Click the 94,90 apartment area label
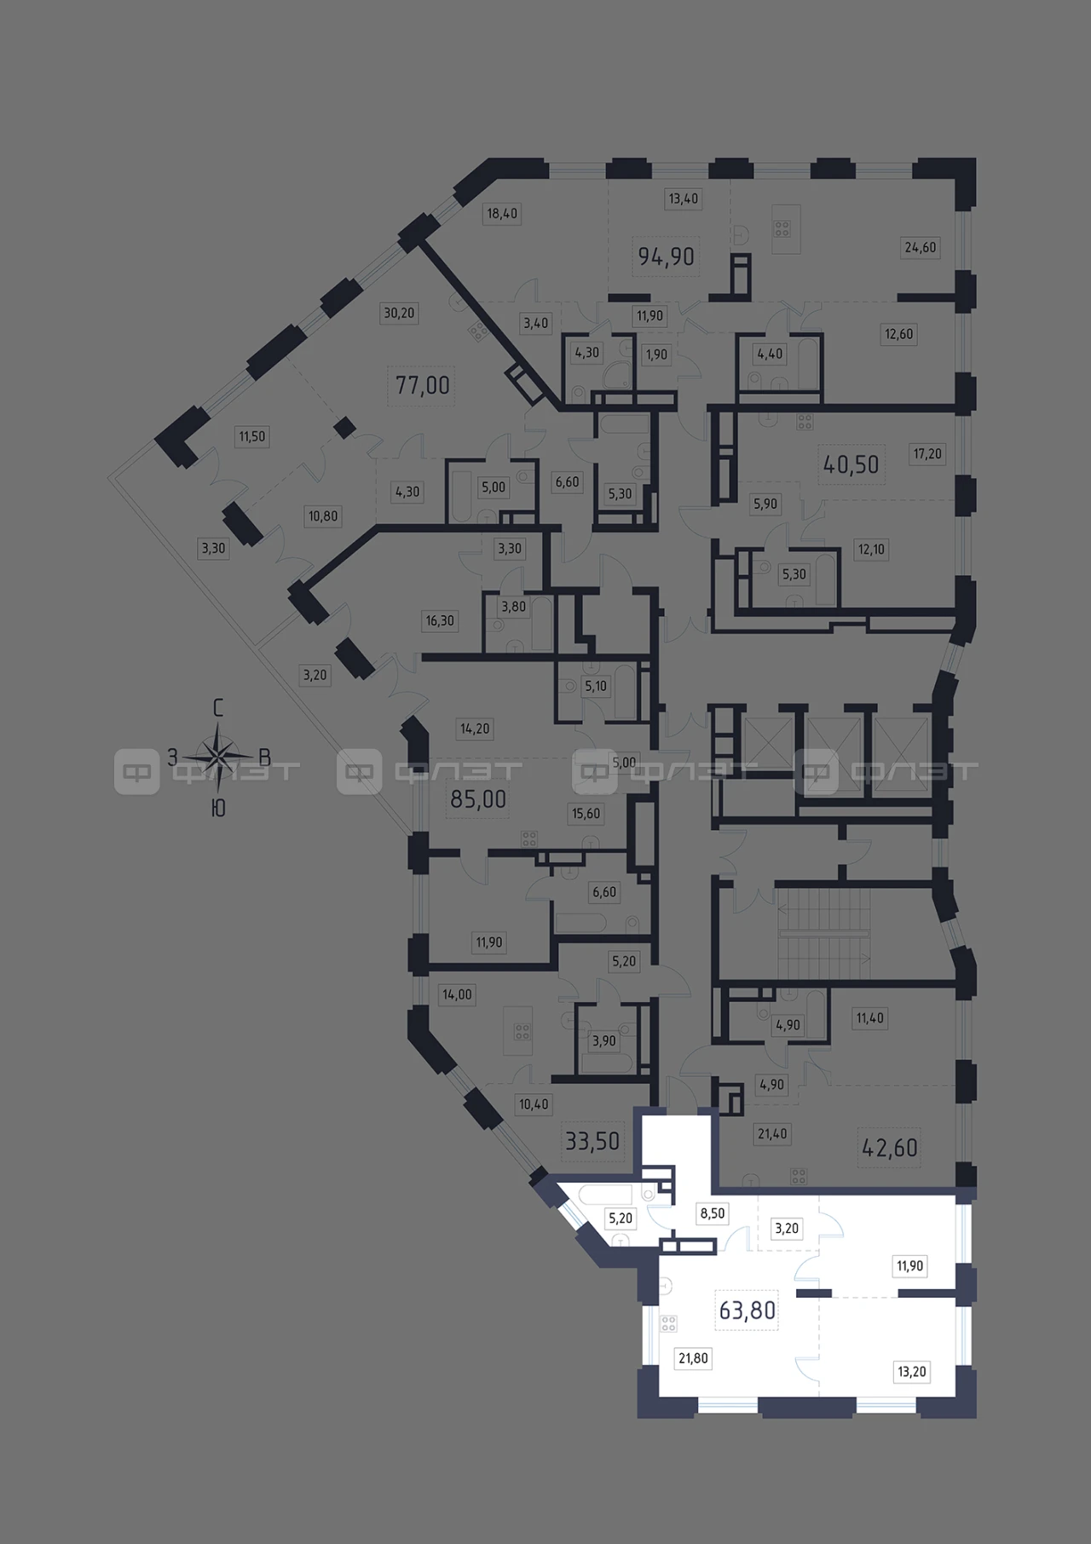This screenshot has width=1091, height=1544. pos(666,256)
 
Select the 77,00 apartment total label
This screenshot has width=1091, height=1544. pos(423,385)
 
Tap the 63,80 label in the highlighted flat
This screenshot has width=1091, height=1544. pos(748,1310)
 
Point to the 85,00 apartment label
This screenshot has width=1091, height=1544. pos(477,799)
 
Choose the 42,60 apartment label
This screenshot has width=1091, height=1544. pos(890,1148)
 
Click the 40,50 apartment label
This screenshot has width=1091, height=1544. pos(851,464)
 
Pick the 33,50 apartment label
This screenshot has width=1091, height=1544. pos(592,1140)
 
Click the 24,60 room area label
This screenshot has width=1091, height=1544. pos(920,248)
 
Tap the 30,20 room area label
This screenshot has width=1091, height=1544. pos(399,313)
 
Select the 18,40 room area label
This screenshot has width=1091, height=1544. pos(502,213)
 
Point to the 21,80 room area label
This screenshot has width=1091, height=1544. pos(693,1358)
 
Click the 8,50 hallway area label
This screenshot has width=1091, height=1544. pos(712,1213)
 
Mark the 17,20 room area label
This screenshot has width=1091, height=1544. pos(927,454)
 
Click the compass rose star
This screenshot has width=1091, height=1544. pos(218,755)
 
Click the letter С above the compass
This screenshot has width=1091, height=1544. pos(218,707)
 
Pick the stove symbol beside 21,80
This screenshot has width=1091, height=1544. pos(668,1324)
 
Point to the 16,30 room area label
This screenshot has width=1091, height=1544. pos(440,620)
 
